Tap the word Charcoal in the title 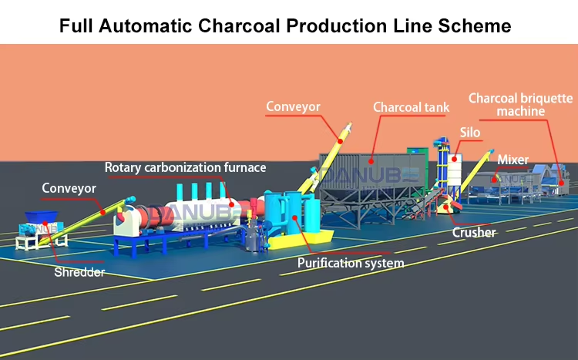(x=240, y=25)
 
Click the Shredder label (x=79, y=271)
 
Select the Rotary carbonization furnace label (x=186, y=167)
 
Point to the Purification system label (x=351, y=263)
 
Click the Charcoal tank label (x=411, y=107)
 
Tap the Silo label (x=470, y=133)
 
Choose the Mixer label (x=512, y=160)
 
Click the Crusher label (x=474, y=232)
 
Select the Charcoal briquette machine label (x=521, y=105)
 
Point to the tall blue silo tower (x=445, y=166)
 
